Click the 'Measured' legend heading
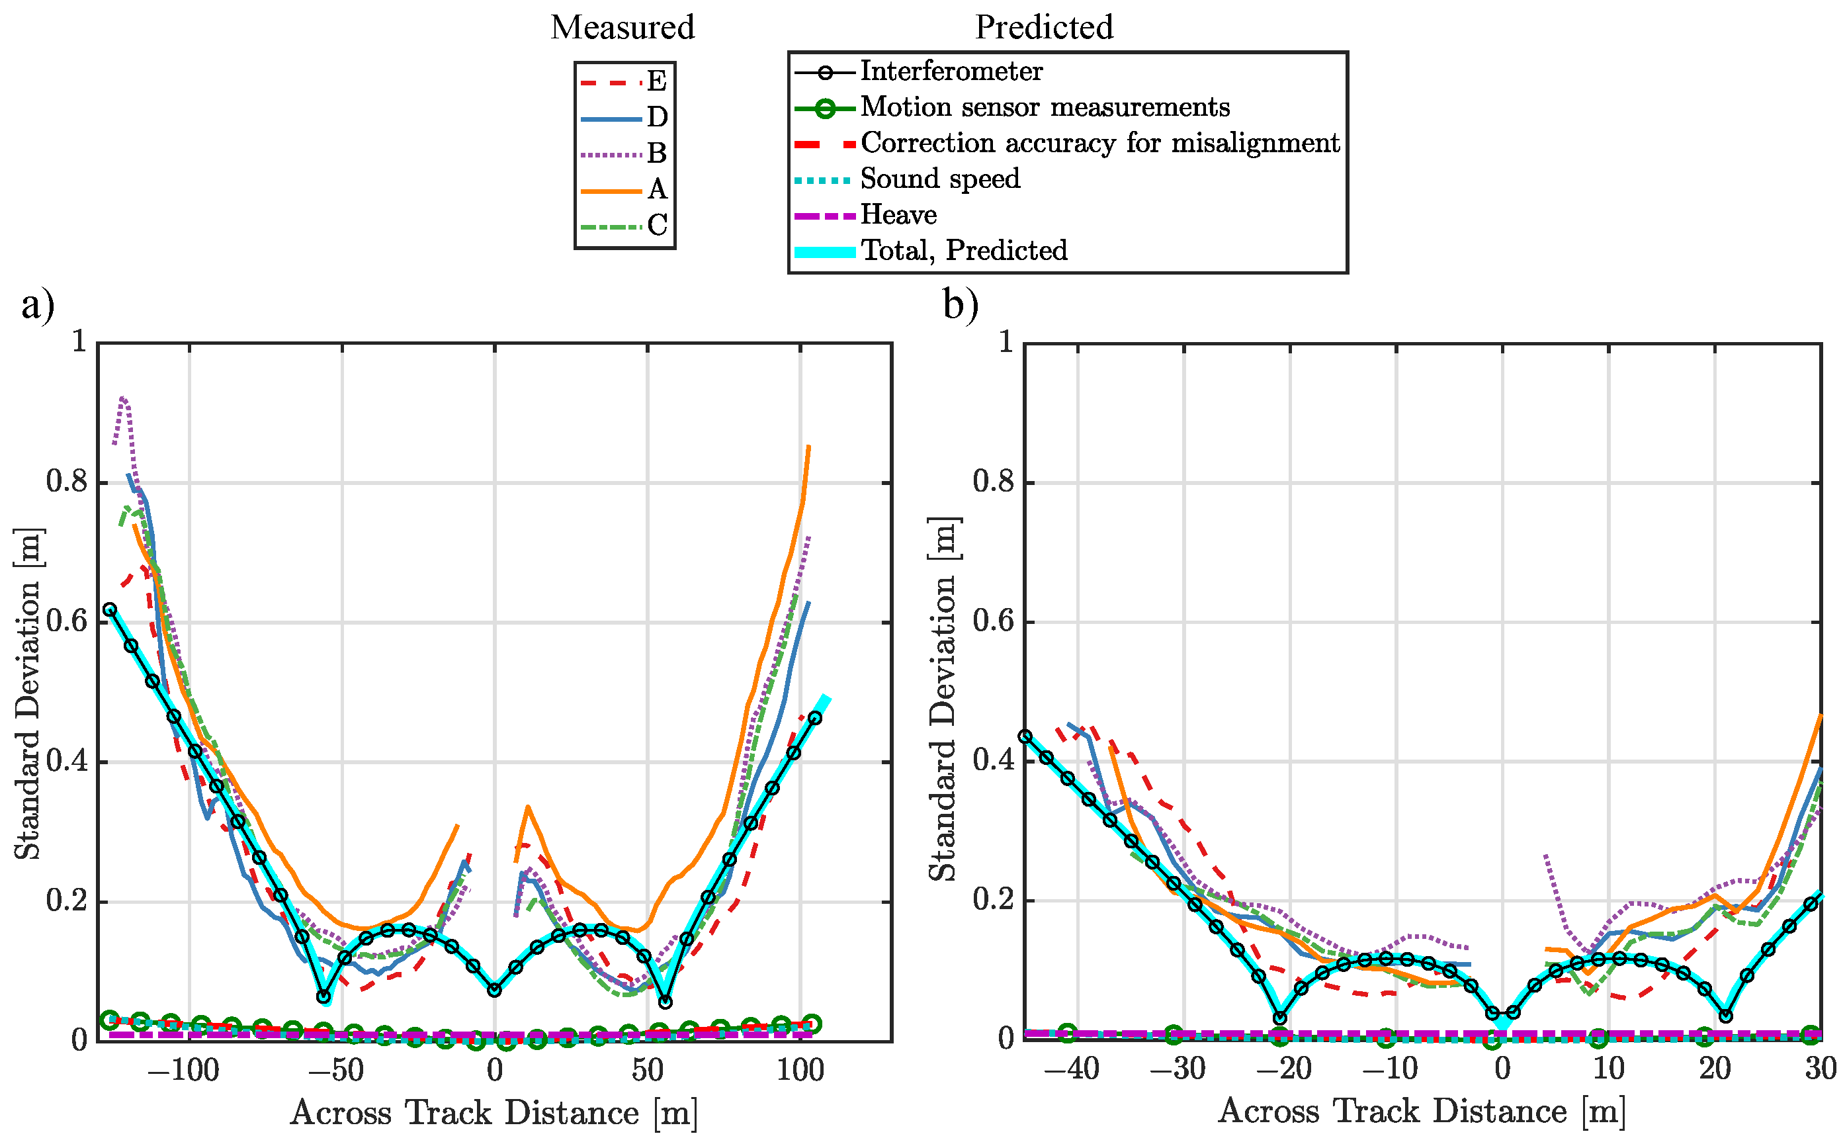coord(621,28)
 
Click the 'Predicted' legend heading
coord(1043,28)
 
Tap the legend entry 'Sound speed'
coord(939,179)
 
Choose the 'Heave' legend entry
coord(898,215)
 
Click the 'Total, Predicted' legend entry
coord(963,251)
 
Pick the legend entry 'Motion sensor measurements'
coord(1044,108)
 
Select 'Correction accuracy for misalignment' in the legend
coord(1099,143)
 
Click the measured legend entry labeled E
coord(656,81)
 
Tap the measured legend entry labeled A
coord(656,189)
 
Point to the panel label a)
coord(38,306)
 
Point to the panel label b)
coord(961,306)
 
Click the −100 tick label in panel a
coord(184,1071)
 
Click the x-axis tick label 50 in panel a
coord(647,1071)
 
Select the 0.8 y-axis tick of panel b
coord(994,482)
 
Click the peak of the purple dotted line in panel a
coord(123,397)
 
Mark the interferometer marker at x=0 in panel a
coord(495,990)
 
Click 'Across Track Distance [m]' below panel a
coord(494,1114)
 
